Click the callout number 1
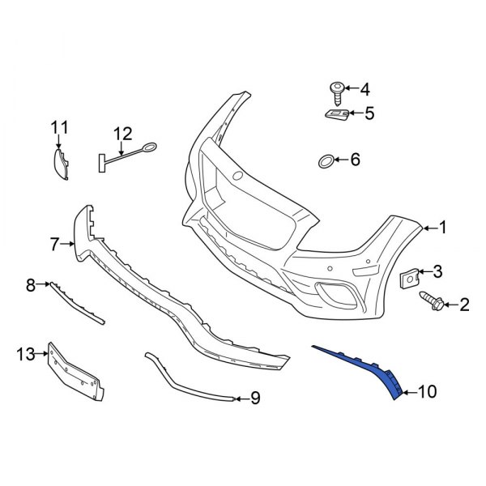443,228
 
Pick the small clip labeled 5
336,114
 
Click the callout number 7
55,242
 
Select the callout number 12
122,133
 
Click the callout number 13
26,353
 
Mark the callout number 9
254,398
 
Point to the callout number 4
364,88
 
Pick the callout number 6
354,160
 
